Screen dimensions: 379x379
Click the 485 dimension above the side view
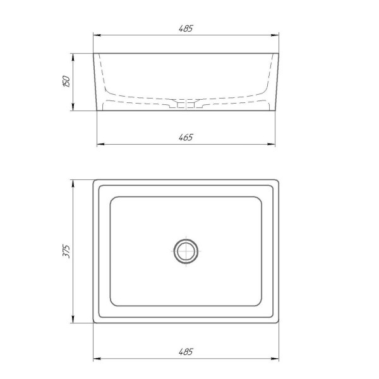186,28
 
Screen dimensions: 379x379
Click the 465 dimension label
186,137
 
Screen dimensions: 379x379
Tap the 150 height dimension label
66,81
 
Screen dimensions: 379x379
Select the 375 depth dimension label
66,251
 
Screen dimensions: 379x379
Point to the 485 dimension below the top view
186,352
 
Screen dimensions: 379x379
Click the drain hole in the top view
186,251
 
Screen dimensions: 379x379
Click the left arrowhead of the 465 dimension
100,144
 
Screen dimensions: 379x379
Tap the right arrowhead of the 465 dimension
272,144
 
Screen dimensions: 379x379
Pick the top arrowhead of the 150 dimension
73,57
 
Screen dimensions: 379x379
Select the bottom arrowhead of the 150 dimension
73,107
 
